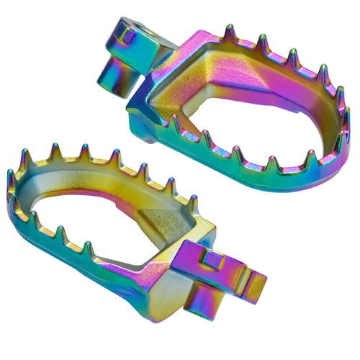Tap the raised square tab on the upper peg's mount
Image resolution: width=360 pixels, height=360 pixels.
[x=130, y=33]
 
